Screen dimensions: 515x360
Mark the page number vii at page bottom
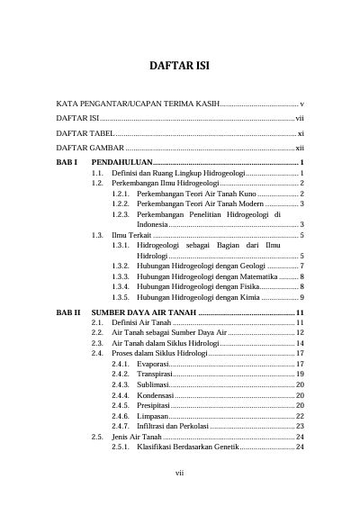tap(180, 493)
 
